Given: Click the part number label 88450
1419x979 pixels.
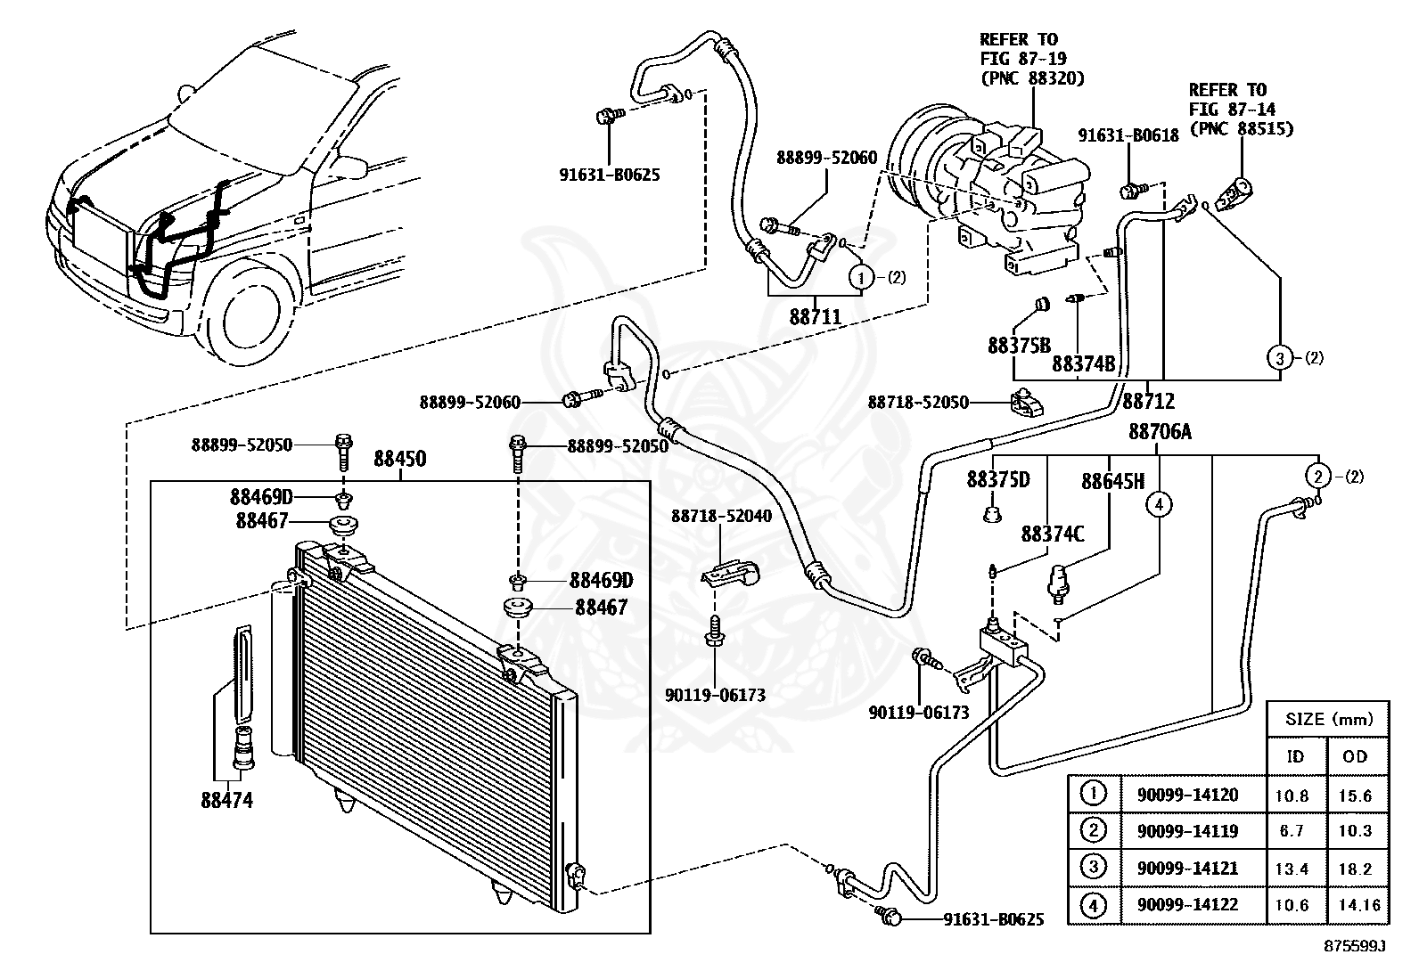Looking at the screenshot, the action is click(399, 459).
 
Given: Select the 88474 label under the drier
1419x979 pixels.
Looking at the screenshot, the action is click(226, 801).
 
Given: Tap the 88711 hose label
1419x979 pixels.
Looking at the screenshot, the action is click(816, 316).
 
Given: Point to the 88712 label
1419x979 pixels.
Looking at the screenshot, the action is click(1149, 401).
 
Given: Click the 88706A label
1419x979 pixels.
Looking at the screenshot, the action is click(1160, 432).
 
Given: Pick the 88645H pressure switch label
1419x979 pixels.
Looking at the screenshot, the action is click(1113, 482).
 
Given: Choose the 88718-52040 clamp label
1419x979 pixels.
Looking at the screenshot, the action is click(722, 516).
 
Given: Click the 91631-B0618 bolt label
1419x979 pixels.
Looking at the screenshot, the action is click(1128, 135).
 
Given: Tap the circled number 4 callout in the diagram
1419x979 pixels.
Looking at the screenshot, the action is click(1160, 505).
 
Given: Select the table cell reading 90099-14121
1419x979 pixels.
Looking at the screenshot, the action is click(1187, 868).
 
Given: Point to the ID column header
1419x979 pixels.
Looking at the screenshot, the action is click(1295, 756).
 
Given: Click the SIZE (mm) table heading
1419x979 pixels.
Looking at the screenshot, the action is click(1329, 720).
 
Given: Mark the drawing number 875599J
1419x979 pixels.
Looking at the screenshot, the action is click(1355, 946).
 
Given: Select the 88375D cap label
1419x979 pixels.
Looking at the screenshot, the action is click(998, 480).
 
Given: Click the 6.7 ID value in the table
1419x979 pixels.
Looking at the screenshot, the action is click(1292, 831).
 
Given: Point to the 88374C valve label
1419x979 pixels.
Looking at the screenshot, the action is click(1052, 534).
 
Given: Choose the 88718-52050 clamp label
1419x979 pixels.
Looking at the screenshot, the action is click(918, 402).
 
